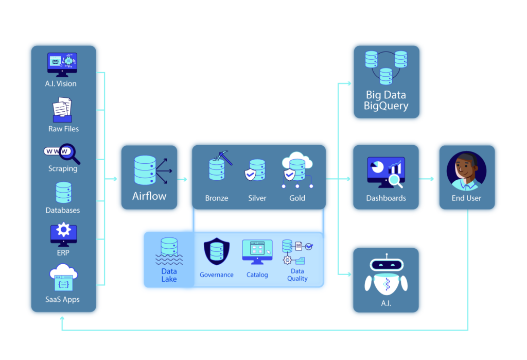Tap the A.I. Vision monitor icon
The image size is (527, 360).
[x=63, y=64]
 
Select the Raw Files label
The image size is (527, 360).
[x=63, y=129]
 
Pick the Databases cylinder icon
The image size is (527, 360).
[x=63, y=193]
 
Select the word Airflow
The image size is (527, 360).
[x=149, y=196]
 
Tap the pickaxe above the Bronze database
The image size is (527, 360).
[x=224, y=158]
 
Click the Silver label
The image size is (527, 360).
[x=257, y=198]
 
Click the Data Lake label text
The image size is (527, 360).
[x=169, y=275]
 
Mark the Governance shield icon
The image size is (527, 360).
[x=217, y=252]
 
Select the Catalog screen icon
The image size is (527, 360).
[x=257, y=252]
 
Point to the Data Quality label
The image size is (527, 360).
[x=297, y=275]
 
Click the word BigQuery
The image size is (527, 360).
[x=386, y=106]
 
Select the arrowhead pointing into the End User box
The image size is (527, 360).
[x=431, y=179]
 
